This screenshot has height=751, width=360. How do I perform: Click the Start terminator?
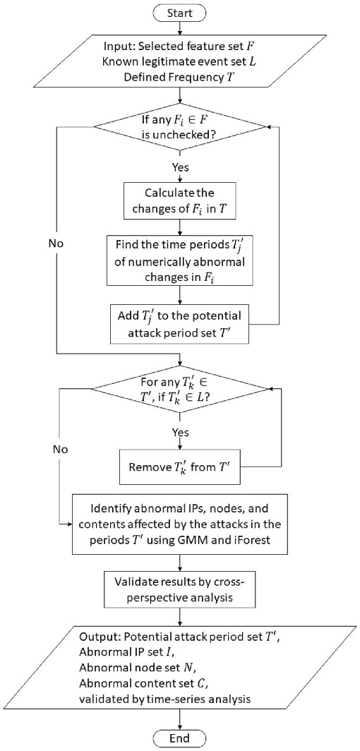pos(181,12)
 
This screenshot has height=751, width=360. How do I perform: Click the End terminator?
pos(181,738)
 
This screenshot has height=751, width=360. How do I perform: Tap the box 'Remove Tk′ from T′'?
pos(181,467)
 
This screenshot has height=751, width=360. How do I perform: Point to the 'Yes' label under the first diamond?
pos(181,169)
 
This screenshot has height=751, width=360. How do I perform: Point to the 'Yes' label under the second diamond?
pos(181,428)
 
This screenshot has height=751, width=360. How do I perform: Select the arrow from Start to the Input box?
pos(181,28)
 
